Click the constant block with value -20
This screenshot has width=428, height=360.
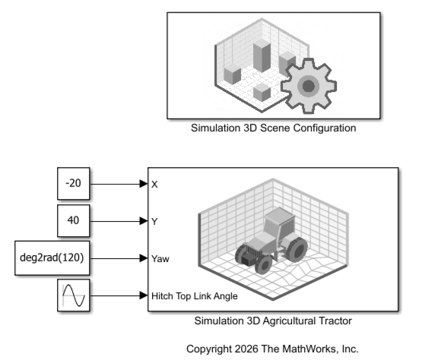(x=74, y=183)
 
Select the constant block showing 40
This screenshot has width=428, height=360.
(x=74, y=221)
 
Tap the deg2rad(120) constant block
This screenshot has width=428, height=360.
(x=52, y=257)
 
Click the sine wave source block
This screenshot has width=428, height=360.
(x=74, y=295)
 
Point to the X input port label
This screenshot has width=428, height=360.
(x=154, y=185)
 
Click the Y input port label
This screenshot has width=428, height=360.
(x=154, y=222)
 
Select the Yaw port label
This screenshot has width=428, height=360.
(x=160, y=258)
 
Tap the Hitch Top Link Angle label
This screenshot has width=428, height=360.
(x=195, y=296)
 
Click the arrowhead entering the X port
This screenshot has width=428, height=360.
(x=144, y=184)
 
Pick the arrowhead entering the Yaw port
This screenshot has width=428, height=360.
(x=144, y=258)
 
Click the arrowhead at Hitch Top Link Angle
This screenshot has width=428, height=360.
(x=144, y=295)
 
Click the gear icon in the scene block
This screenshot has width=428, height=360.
(x=309, y=86)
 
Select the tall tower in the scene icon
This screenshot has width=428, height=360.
(x=262, y=55)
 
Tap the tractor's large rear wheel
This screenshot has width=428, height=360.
(x=296, y=250)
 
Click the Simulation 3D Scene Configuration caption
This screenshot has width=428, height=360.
(x=274, y=128)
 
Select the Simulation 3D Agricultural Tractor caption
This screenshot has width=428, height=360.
(x=273, y=321)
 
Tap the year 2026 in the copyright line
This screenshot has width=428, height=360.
(x=246, y=349)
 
